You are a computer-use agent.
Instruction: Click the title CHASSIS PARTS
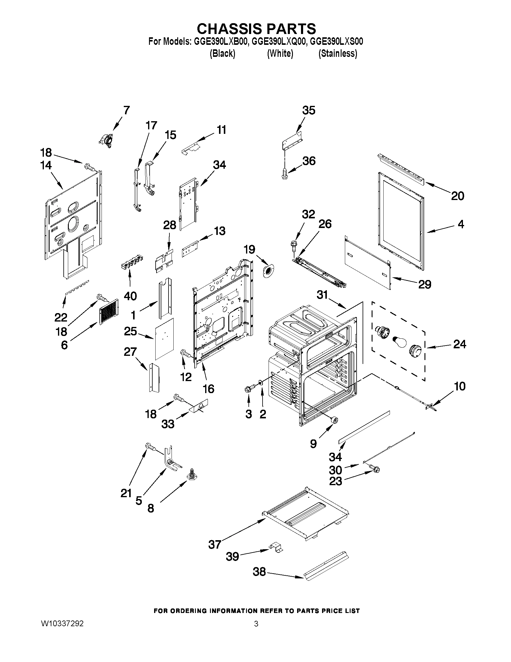point(256,29)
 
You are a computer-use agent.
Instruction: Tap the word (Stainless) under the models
point(338,54)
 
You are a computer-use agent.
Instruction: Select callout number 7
point(126,110)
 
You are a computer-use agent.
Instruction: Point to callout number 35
point(309,110)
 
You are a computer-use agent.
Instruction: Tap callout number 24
point(459,344)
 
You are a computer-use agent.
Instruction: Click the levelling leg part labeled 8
point(192,476)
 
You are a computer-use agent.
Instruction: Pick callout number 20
point(457,196)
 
